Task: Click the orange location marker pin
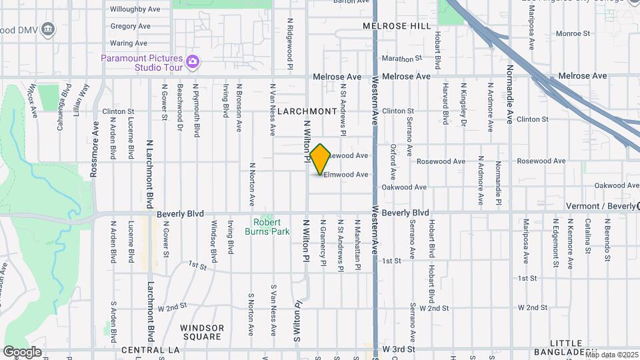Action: click(x=321, y=159)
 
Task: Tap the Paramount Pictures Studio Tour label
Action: click(x=142, y=62)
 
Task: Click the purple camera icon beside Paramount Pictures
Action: click(x=193, y=62)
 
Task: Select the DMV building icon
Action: click(x=47, y=29)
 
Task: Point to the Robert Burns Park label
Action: click(x=271, y=227)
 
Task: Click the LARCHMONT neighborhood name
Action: click(x=307, y=111)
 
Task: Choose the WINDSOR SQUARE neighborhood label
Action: click(x=202, y=332)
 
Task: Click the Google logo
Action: click(x=23, y=351)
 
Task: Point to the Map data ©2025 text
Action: click(x=611, y=355)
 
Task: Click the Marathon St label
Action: click(x=403, y=59)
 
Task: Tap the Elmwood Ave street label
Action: click(x=346, y=175)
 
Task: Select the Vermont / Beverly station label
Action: click(x=600, y=206)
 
